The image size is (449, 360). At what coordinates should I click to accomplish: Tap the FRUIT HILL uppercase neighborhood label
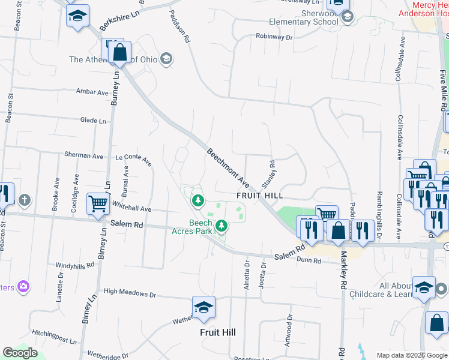pyautogui.click(x=259, y=196)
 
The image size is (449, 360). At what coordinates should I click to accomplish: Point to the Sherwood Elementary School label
pyautogui.click(x=304, y=17)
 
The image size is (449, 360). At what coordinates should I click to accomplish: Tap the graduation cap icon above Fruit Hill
pyautogui.click(x=203, y=307)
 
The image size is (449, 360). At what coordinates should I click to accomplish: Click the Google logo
pyautogui.click(x=20, y=353)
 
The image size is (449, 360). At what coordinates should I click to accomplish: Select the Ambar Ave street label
pyautogui.click(x=92, y=92)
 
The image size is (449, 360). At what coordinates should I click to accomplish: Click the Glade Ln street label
pyautogui.click(x=93, y=121)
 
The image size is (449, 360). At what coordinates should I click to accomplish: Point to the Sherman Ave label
pyautogui.click(x=84, y=155)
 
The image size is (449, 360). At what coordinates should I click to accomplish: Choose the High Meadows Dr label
pyautogui.click(x=130, y=295)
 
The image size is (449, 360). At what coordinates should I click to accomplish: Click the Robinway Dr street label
pyautogui.click(x=273, y=37)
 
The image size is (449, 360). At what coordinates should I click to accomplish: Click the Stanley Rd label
pyautogui.click(x=268, y=173)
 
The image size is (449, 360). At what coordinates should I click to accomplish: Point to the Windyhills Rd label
pyautogui.click(x=75, y=265)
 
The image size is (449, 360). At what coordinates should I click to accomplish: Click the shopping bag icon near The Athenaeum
pyautogui.click(x=120, y=52)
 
